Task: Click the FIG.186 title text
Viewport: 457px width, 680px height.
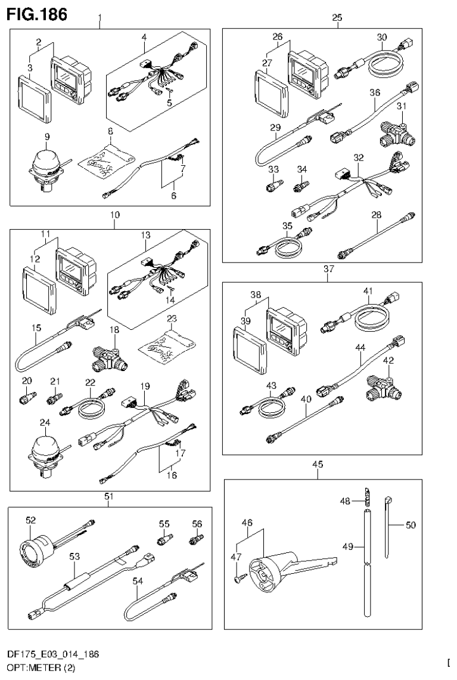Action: (x=36, y=13)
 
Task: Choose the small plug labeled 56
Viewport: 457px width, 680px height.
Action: (x=194, y=539)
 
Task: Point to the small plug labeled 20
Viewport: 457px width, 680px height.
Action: (x=27, y=395)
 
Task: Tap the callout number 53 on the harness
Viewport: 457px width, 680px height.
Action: (x=74, y=557)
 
